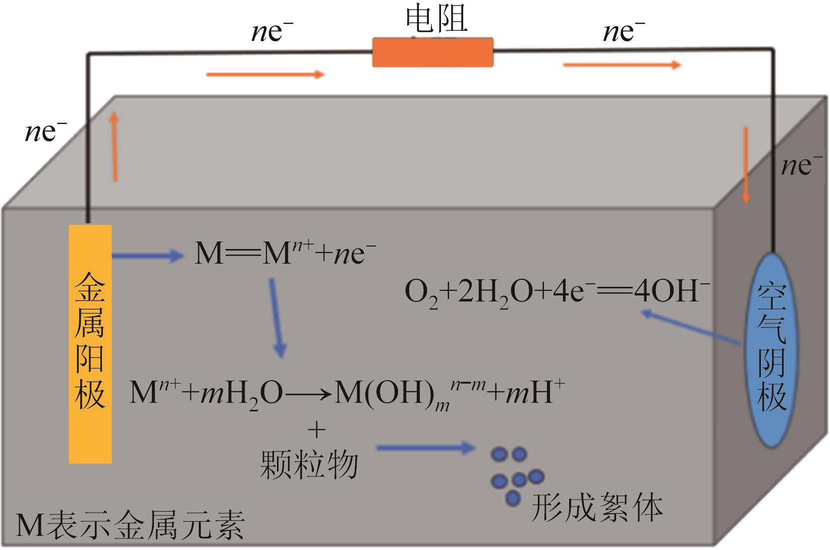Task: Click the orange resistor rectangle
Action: pyautogui.click(x=432, y=51)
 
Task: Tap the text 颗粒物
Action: pyautogui.click(x=309, y=464)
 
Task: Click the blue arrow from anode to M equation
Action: pyautogui.click(x=147, y=256)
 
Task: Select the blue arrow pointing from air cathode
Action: pyautogui.click(x=691, y=329)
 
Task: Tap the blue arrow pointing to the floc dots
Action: pyautogui.click(x=425, y=447)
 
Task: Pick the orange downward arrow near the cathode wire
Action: pyautogui.click(x=745, y=165)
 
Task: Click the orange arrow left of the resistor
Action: pyautogui.click(x=265, y=75)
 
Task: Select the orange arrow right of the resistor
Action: pyautogui.click(x=622, y=65)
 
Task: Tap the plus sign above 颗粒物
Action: pyautogui.click(x=317, y=430)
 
